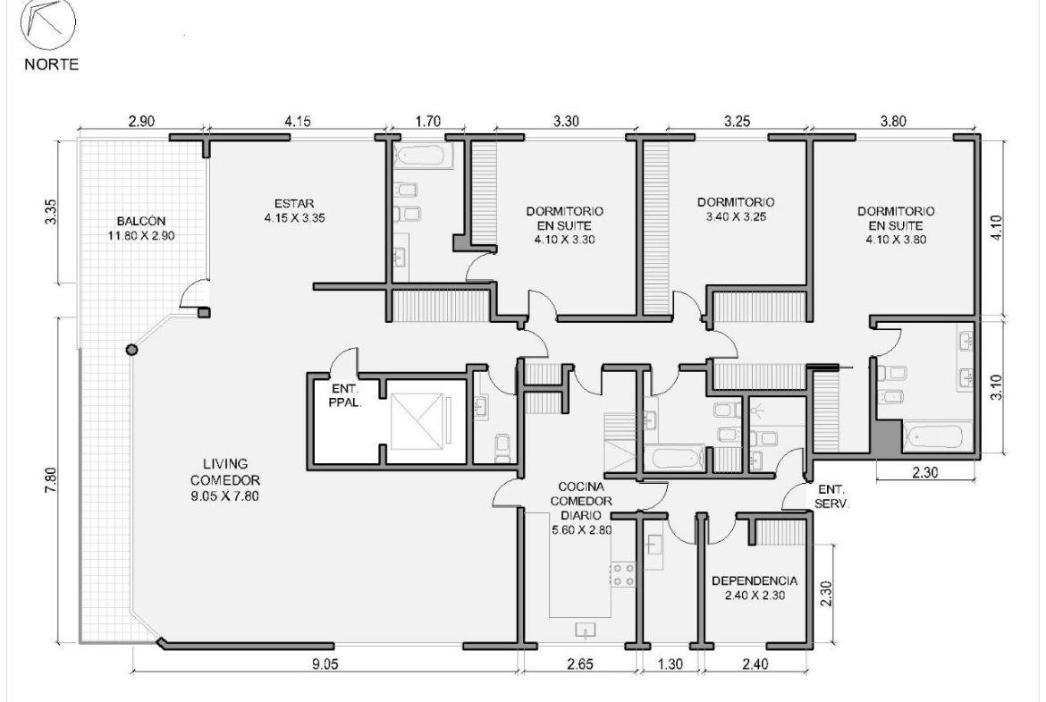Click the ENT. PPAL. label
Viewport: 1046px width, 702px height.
[345, 395]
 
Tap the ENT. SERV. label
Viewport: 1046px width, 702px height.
[831, 497]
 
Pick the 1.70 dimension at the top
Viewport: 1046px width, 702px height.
[427, 122]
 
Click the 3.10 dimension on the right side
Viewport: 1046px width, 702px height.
[996, 387]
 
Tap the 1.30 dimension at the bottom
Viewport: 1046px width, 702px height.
[670, 664]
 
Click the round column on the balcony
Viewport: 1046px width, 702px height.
[132, 349]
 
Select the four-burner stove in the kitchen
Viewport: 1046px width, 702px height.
[623, 574]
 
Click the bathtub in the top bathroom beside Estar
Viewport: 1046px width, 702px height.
[424, 157]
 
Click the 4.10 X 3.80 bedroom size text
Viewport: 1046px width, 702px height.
[896, 240]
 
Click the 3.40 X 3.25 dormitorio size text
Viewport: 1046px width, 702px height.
[736, 216]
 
